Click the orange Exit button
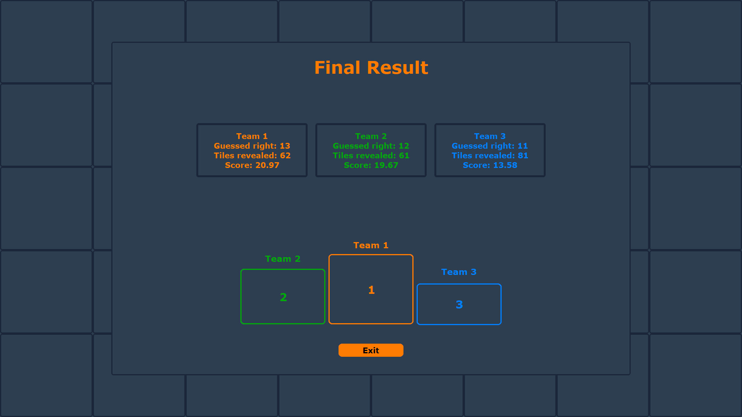coord(371,350)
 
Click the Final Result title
coord(371,68)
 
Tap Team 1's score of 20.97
coord(252,165)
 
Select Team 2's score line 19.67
coord(371,165)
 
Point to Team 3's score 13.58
coord(490,165)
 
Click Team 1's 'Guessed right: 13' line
coord(252,146)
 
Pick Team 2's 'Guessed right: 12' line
coord(371,146)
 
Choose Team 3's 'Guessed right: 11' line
coord(490,146)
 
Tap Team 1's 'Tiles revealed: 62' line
coord(252,156)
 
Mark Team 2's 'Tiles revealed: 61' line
coord(371,156)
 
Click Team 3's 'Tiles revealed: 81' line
coord(490,156)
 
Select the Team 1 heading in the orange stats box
coord(252,136)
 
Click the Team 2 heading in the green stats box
coord(371,136)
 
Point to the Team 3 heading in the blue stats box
coord(490,136)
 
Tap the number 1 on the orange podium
coord(371,290)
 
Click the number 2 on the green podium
coord(283,297)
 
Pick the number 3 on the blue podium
coord(459,305)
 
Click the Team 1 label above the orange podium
coord(371,246)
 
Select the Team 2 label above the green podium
coord(283,259)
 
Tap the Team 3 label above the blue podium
coord(459,272)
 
